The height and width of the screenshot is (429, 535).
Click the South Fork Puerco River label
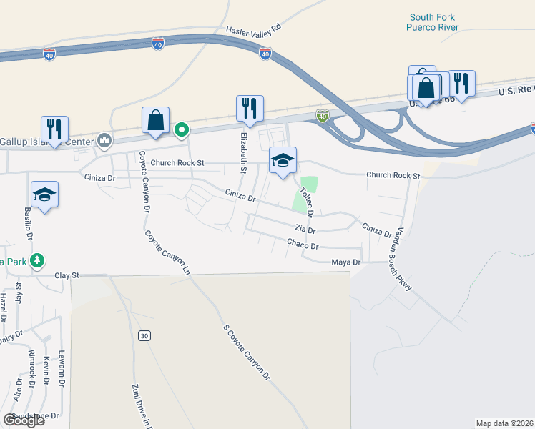[x=432, y=22]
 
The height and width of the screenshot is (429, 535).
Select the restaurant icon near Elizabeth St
[x=250, y=109]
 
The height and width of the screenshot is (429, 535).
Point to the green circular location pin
[x=182, y=130]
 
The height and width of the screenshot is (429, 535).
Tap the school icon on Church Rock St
[x=283, y=160]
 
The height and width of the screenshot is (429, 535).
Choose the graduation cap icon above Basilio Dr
[x=44, y=194]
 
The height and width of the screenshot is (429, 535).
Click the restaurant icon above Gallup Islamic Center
[x=54, y=129]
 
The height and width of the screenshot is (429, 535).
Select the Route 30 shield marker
[x=145, y=335]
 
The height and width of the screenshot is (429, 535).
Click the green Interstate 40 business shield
[x=323, y=116]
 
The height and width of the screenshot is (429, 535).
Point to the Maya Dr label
[x=345, y=262]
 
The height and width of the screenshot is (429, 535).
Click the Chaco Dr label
[x=303, y=245]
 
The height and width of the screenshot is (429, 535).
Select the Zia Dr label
[x=305, y=230]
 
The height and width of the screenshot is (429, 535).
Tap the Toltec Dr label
[x=307, y=202]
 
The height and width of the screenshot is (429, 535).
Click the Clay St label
[x=66, y=275]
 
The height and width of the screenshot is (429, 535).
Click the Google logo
[x=24, y=420]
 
